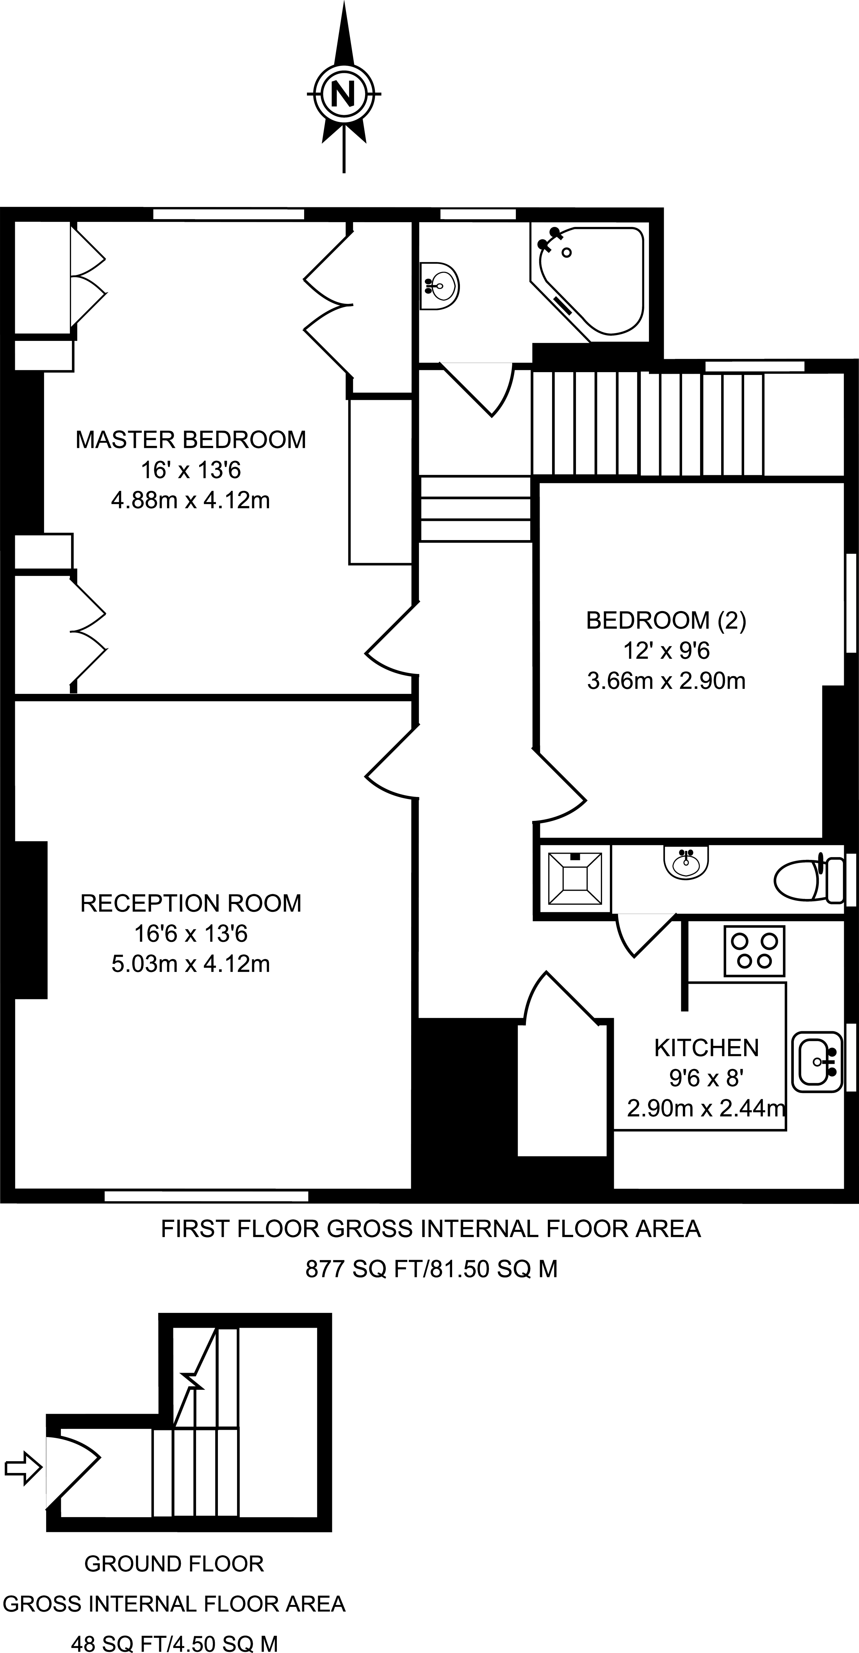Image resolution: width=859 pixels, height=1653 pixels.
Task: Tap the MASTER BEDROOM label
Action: tap(191, 440)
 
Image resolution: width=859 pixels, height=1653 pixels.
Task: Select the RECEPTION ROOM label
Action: tap(191, 904)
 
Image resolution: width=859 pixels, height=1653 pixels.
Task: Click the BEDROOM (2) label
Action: tap(667, 621)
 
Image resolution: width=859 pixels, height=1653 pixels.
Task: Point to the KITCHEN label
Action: tap(706, 1048)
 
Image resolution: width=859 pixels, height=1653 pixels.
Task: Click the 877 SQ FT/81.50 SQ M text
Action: tap(431, 1269)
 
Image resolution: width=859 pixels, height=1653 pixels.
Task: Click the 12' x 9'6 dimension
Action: tap(667, 651)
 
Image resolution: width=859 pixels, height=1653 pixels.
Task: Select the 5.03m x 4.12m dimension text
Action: tap(191, 964)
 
